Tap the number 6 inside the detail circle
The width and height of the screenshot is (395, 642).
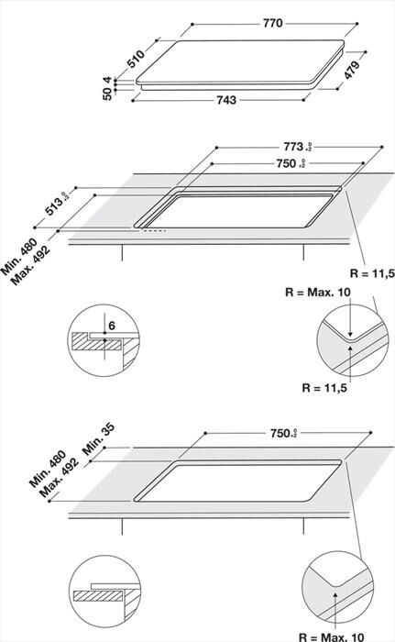pos(112,326)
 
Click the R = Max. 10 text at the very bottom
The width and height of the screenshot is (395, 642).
pos(343,634)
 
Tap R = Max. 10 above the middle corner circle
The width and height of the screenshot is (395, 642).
pos(320,293)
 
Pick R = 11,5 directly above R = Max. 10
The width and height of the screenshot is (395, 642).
pos(369,272)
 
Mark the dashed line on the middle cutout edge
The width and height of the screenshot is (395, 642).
pos(152,230)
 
